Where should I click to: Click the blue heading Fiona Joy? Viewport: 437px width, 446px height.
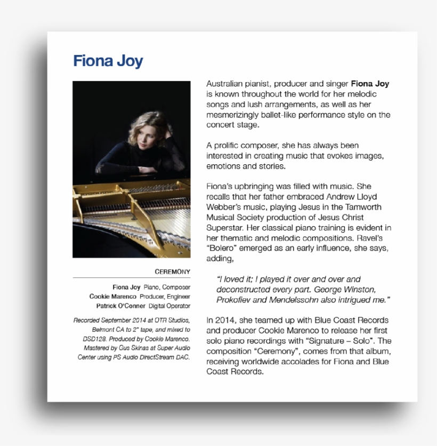point(108,61)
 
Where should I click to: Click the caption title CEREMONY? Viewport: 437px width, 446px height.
point(172,272)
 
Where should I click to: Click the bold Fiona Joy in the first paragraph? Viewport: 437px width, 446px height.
point(370,84)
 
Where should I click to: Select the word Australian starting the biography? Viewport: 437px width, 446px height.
point(225,84)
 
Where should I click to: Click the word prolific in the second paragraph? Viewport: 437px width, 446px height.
point(227,146)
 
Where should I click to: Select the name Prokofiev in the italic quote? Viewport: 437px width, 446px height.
point(235,300)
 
